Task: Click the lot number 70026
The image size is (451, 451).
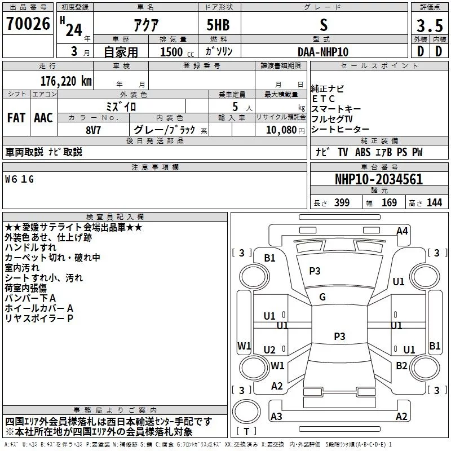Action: point(28,24)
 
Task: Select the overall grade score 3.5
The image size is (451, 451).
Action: point(430,26)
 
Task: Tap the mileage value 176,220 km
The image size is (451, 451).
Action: point(66,81)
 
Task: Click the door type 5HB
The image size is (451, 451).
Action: point(218,25)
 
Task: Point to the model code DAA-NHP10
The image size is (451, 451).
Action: point(323,52)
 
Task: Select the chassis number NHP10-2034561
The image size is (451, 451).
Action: point(379,179)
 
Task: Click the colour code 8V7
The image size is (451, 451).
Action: point(93,130)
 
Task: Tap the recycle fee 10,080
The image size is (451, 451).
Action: point(281,130)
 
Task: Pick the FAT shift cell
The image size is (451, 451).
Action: point(16,118)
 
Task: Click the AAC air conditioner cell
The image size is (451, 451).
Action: point(43,118)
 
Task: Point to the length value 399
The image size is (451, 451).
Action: point(342,202)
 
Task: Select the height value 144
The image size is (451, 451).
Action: point(434,202)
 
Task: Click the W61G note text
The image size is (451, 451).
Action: point(19,179)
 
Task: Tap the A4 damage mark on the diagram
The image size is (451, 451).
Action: point(402,231)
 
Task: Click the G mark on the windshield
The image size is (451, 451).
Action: point(322,297)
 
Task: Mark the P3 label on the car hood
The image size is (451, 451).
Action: point(315,271)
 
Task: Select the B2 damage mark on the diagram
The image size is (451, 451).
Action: point(401,365)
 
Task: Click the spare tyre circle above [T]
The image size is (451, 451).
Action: point(246,412)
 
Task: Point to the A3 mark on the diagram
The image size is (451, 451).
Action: point(276,416)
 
